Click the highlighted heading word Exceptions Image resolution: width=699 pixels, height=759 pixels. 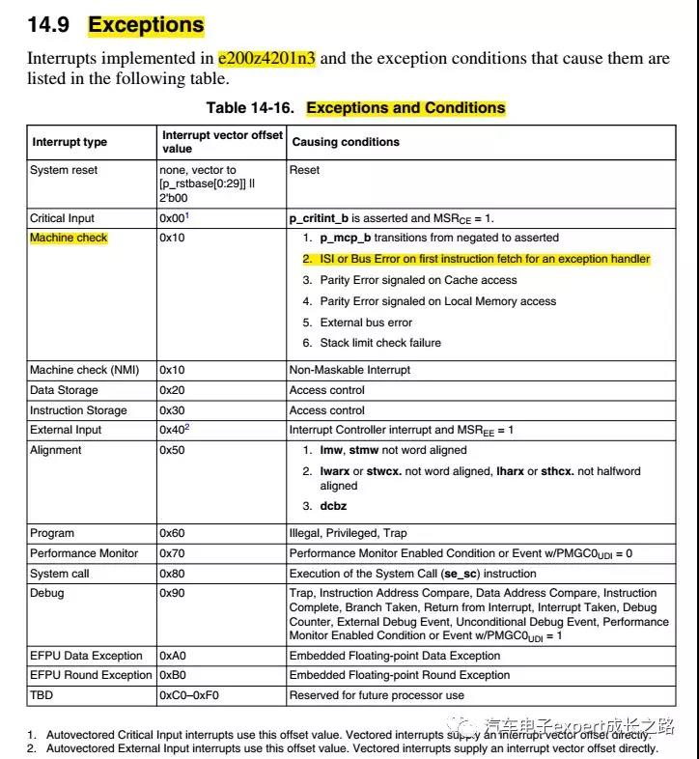[146, 25]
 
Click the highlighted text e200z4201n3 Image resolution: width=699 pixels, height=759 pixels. [267, 58]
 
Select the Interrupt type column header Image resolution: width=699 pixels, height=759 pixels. [69, 142]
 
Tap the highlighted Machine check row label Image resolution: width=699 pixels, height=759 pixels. [69, 238]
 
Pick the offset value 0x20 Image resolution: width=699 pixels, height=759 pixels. [171, 390]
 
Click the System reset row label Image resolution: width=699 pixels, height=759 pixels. [64, 170]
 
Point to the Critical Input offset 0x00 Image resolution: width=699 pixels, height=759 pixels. [172, 218]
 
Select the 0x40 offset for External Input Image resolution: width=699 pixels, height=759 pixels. [172, 430]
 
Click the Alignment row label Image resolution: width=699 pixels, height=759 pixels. [56, 450]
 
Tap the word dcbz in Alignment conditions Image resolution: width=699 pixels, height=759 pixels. [334, 506]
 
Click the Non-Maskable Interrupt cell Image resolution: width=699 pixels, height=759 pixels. [349, 369]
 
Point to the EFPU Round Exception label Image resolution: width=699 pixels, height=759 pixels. [91, 675]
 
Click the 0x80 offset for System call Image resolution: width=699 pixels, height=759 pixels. [171, 574]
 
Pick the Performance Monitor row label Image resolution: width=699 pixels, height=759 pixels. [84, 553]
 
